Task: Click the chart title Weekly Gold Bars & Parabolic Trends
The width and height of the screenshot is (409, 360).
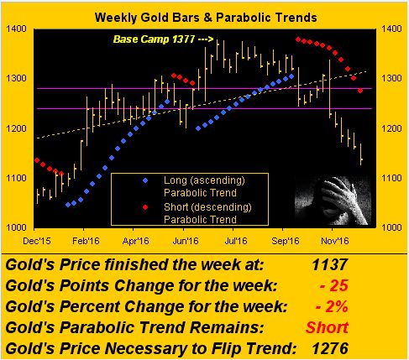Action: click(206, 18)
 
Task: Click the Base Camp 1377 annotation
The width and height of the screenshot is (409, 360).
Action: click(154, 39)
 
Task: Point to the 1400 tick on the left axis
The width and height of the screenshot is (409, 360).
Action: click(16, 29)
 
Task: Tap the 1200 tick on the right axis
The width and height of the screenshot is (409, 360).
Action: click(391, 128)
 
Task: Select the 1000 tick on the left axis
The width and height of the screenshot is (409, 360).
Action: click(16, 227)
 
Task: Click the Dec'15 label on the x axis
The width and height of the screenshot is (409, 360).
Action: click(37, 241)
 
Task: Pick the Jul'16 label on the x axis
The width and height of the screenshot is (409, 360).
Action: click(236, 241)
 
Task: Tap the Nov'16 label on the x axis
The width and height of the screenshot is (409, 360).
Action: click(335, 241)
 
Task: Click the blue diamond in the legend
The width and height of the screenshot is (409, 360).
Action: click(145, 180)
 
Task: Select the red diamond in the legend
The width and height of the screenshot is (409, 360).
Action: click(145, 207)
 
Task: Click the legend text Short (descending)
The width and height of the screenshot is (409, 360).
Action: click(207, 207)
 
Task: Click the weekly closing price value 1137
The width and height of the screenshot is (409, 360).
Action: click(330, 264)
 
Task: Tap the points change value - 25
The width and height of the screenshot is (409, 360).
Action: click(333, 285)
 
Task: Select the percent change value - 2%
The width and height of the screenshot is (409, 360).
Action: click(332, 306)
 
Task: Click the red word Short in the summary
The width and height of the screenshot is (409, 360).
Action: click(327, 327)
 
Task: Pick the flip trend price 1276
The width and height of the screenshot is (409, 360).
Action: click(330, 348)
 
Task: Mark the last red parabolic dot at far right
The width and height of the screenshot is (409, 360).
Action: click(360, 91)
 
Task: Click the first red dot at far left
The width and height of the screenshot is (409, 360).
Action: click(37, 160)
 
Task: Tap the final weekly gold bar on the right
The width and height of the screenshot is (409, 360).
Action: click(361, 154)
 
